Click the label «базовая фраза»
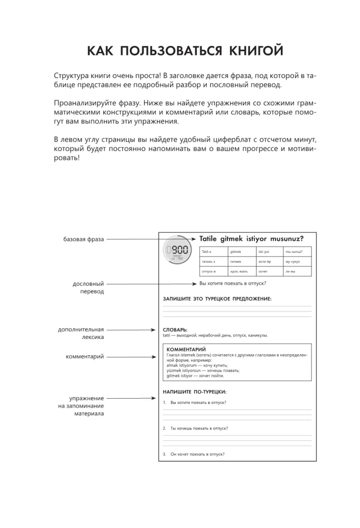[84, 239]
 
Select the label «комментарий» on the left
[85, 357]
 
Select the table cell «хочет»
[263, 271]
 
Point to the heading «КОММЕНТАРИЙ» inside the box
[186, 350]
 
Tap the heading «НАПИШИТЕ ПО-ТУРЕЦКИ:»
[195, 392]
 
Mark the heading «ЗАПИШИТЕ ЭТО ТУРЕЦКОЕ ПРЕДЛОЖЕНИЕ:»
[217, 299]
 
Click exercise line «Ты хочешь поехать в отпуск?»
[199, 428]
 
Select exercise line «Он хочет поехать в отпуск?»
[197, 454]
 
